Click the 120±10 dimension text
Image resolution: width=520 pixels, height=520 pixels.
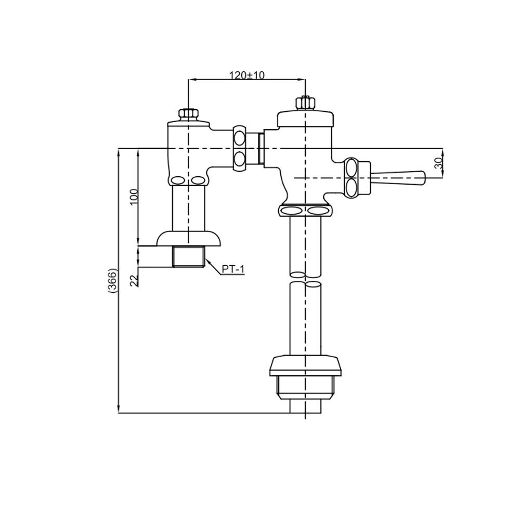point(247,75)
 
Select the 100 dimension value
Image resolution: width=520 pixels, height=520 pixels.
point(134,197)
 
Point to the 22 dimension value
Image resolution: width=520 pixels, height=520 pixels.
point(134,280)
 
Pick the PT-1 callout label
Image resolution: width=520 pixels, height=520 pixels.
point(232,269)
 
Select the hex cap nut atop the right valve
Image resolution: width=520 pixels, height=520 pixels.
point(305,102)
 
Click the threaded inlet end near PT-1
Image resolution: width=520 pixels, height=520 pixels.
point(188,257)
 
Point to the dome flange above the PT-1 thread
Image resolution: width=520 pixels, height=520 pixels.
point(188,238)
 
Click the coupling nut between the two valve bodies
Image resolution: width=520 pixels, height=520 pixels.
point(240,148)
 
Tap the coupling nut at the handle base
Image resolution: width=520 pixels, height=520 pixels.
point(352,178)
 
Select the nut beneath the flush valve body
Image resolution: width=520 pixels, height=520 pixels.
point(305,211)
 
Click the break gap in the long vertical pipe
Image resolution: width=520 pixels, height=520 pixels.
point(305,278)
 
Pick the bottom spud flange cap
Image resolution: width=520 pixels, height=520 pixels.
point(305,365)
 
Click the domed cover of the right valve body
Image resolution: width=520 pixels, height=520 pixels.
point(305,119)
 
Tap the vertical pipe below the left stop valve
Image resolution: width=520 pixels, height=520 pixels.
point(188,208)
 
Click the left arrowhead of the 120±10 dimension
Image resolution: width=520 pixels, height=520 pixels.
point(191,80)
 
